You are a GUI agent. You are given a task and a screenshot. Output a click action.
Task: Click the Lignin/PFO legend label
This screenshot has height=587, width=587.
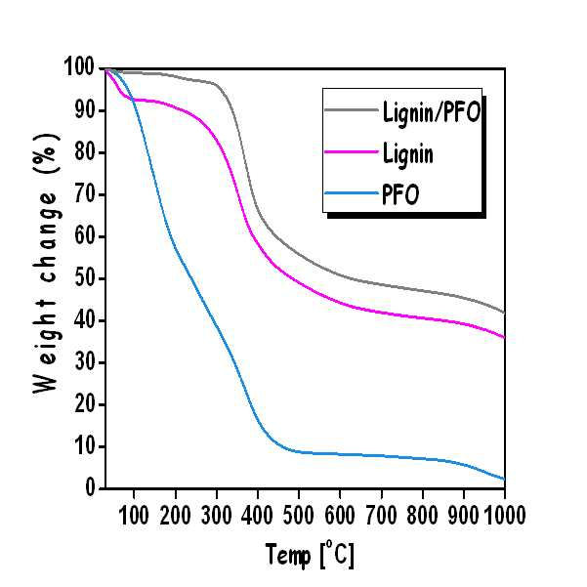coord(432,111)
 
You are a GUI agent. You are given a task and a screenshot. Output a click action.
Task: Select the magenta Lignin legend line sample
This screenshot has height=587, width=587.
coord(352,151)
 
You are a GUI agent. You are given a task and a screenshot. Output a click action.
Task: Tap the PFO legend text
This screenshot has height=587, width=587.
coord(400,194)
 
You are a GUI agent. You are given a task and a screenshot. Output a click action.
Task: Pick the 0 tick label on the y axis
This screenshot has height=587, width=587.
coord(90,487)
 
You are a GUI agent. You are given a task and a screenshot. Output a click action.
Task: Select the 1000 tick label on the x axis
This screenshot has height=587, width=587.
coord(505,515)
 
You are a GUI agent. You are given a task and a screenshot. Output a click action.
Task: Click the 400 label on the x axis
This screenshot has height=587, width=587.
coord(257,515)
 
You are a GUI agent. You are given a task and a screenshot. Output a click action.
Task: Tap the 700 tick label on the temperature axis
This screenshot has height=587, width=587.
coord(381,515)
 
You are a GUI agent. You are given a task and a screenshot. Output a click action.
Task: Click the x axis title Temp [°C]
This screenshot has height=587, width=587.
coord(310,555)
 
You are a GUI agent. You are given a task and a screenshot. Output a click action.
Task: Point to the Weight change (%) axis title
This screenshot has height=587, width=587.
coord(46,263)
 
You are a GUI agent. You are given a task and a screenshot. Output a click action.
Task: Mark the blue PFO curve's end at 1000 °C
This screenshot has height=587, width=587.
coord(504,480)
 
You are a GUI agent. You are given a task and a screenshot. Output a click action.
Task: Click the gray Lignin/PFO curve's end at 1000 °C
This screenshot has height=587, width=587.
coord(504,313)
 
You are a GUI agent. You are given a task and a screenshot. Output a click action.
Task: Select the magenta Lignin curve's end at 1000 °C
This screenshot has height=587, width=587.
coord(504,337)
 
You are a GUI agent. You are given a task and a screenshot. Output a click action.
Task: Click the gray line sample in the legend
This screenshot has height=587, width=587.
coord(352,109)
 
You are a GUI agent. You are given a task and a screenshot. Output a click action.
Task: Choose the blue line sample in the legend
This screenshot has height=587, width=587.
coord(352,193)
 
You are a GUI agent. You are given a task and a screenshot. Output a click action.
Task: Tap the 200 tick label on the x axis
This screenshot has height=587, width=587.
coord(175,515)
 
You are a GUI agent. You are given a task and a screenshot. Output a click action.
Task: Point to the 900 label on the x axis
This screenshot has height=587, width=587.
coord(463,515)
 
